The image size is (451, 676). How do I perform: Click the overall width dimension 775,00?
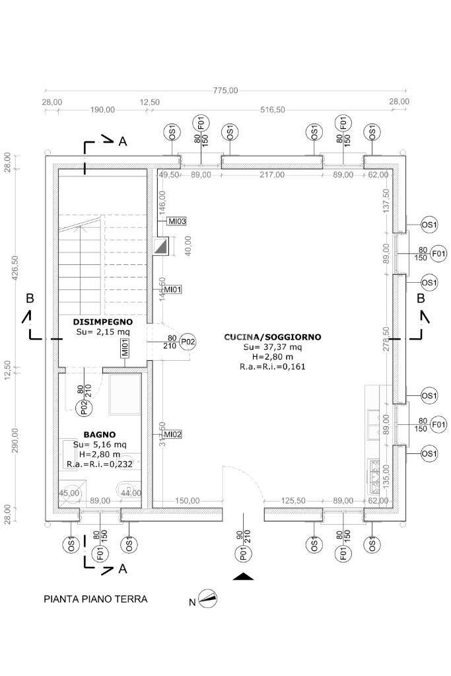(225, 91)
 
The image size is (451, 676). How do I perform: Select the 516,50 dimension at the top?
(271, 110)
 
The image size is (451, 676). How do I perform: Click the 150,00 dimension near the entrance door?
(188, 501)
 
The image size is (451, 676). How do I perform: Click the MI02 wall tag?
(173, 434)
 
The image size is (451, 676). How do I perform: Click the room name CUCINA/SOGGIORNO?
(272, 337)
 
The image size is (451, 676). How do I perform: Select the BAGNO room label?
(100, 435)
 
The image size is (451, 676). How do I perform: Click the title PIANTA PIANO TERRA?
(95, 599)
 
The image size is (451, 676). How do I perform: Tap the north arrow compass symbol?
(208, 599)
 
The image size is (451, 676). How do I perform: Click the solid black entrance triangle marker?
(244, 577)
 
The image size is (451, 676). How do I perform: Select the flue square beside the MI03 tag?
(161, 246)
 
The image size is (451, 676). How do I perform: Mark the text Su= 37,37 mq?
(272, 347)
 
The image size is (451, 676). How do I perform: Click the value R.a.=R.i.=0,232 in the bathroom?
(100, 465)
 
